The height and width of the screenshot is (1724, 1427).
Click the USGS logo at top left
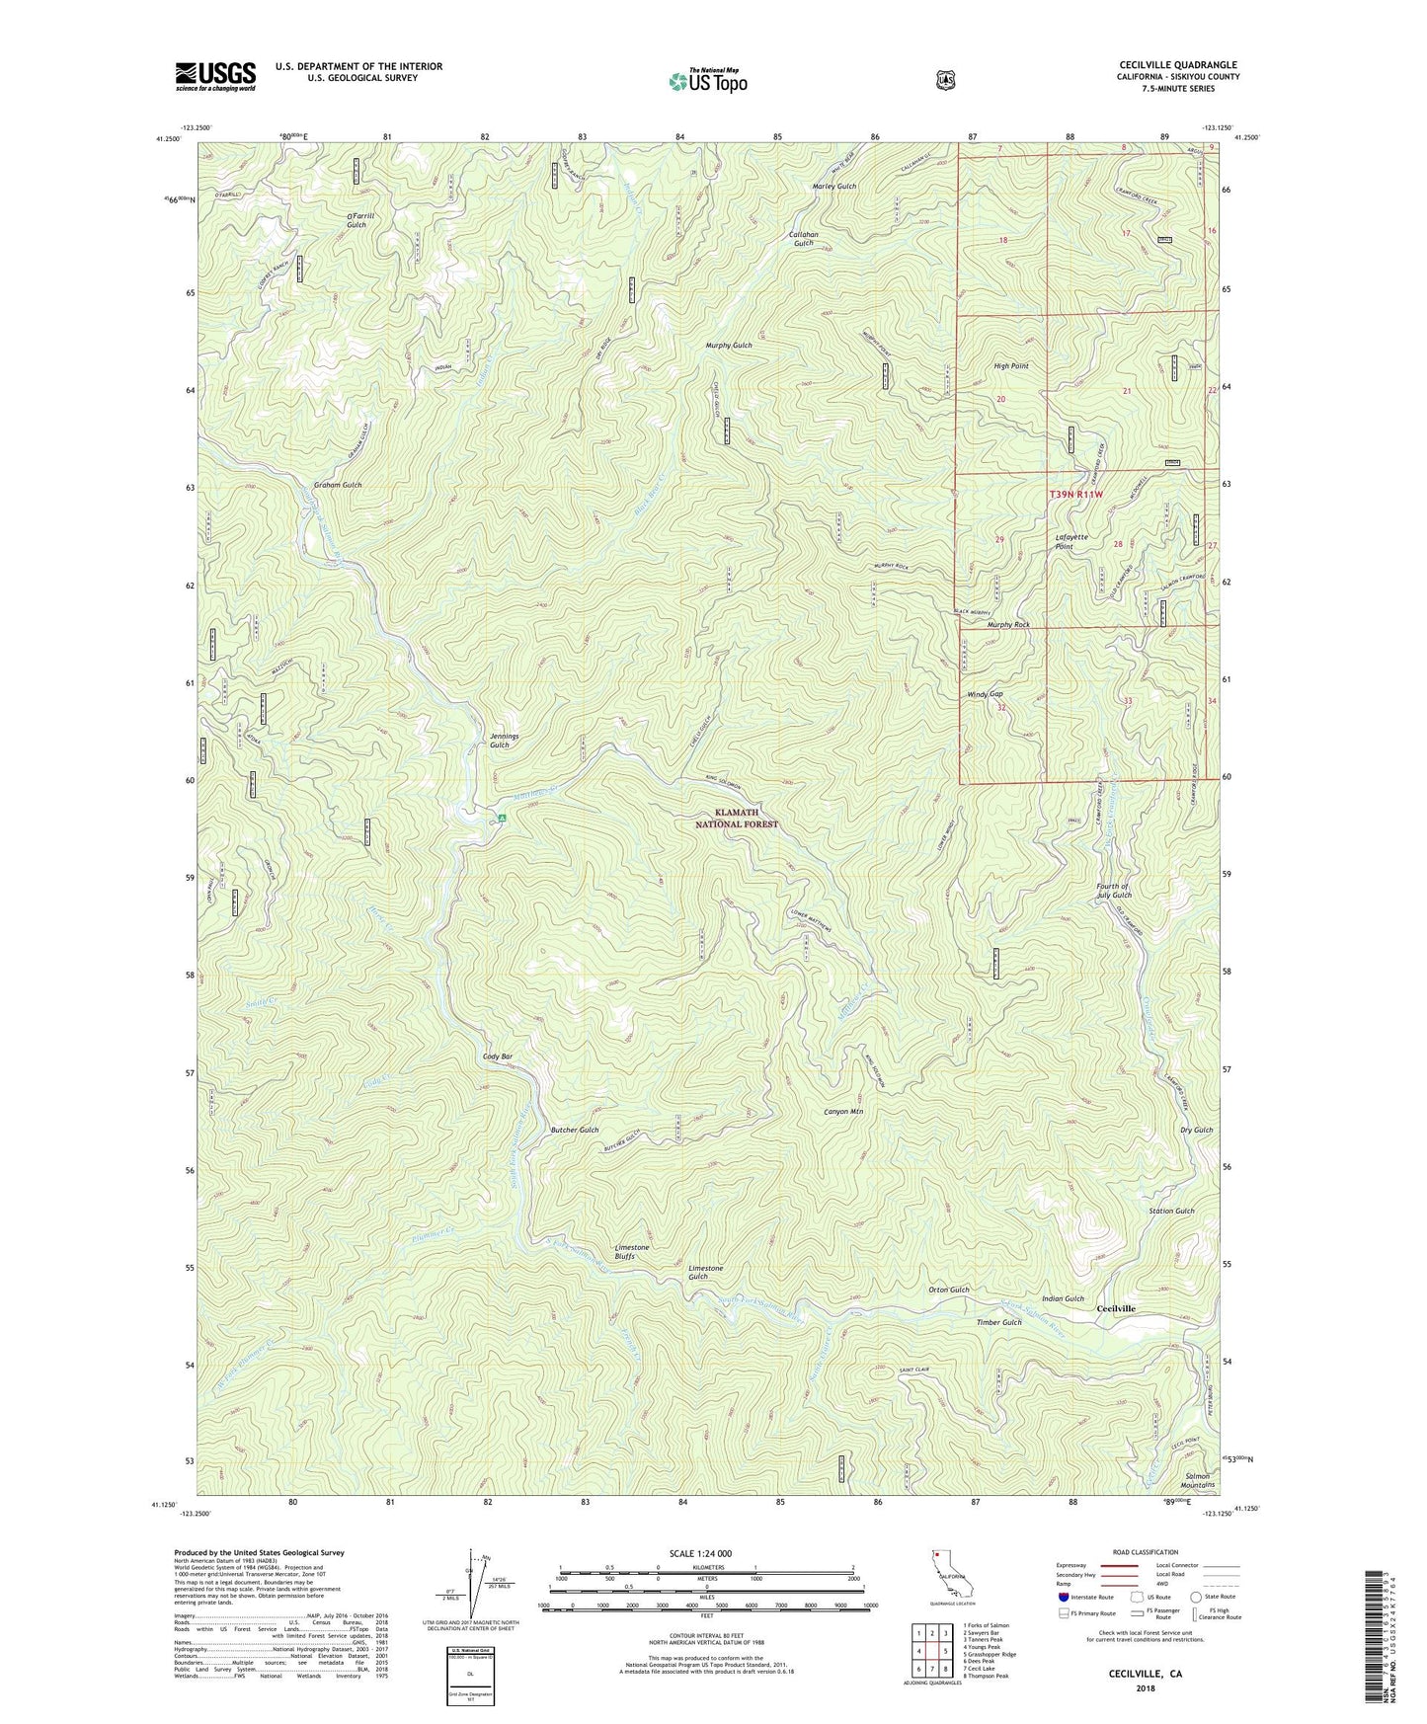[215, 76]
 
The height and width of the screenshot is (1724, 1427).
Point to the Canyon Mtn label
[843, 1112]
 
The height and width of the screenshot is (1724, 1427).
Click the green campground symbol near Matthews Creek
[502, 818]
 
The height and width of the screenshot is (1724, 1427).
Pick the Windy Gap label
[985, 694]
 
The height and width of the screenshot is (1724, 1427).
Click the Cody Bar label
[498, 1057]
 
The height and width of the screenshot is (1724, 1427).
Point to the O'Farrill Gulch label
[357, 220]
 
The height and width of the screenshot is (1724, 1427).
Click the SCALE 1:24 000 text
[700, 1553]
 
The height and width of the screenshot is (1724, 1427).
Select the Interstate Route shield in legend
[1063, 1597]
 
